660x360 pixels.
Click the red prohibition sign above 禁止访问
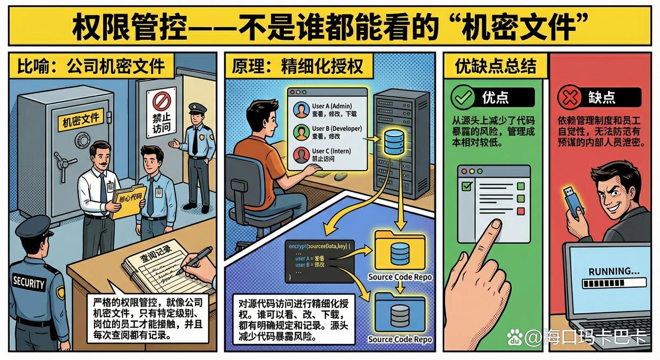click(161, 101)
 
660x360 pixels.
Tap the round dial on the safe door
click(82, 140)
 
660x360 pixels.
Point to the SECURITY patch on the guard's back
click(29, 282)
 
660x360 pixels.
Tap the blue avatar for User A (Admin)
click(301, 110)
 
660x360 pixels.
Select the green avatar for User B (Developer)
click(301, 132)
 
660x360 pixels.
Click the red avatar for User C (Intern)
click(301, 155)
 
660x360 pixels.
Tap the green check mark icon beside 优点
click(462, 97)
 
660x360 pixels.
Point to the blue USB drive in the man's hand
click(574, 200)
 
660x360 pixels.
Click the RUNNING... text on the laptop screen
click(614, 271)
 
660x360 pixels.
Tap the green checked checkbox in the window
click(468, 186)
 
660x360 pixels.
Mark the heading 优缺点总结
click(495, 66)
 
